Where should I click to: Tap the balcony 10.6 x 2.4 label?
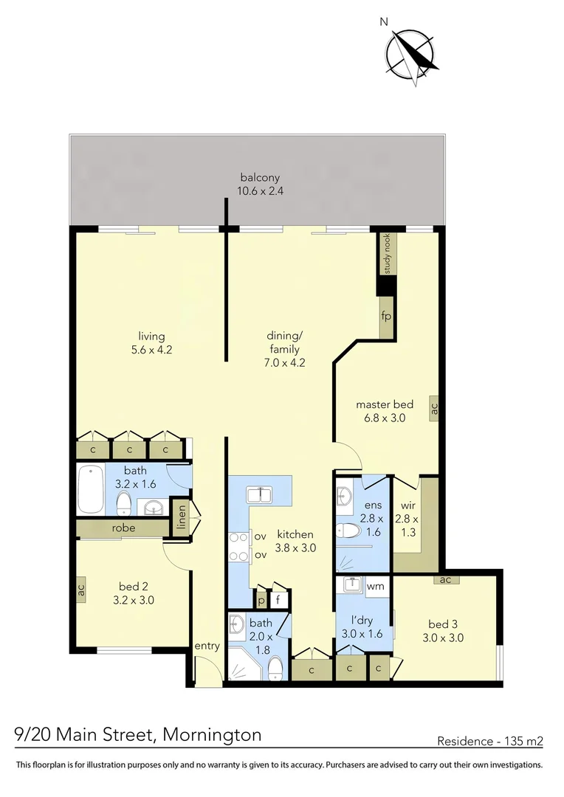(x=260, y=184)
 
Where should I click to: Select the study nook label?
(x=385, y=252)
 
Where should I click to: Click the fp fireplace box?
(x=385, y=316)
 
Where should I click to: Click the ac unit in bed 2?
(x=80, y=590)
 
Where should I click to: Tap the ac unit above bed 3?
(x=445, y=579)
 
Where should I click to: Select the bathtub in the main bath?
(x=92, y=488)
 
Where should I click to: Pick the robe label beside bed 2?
(x=123, y=528)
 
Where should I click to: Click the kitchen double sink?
(x=259, y=494)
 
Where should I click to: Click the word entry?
(x=207, y=646)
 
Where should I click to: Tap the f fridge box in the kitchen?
(x=278, y=598)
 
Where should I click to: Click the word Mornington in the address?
(x=212, y=735)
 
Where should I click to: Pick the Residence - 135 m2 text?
(x=490, y=741)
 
